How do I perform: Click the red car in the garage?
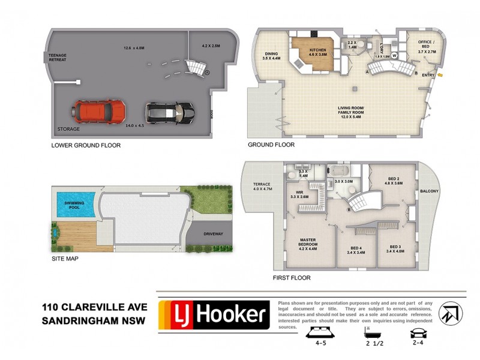point(99,110)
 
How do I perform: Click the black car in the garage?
point(169,111)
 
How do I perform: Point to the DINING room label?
point(272,56)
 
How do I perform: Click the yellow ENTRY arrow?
point(441,75)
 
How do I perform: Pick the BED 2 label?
point(393,181)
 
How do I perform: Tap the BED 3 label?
point(394,249)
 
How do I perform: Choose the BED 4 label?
point(356,250)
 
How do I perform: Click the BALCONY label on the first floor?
point(430,191)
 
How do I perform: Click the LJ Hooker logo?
point(213,315)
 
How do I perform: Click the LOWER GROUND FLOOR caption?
point(86,145)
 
